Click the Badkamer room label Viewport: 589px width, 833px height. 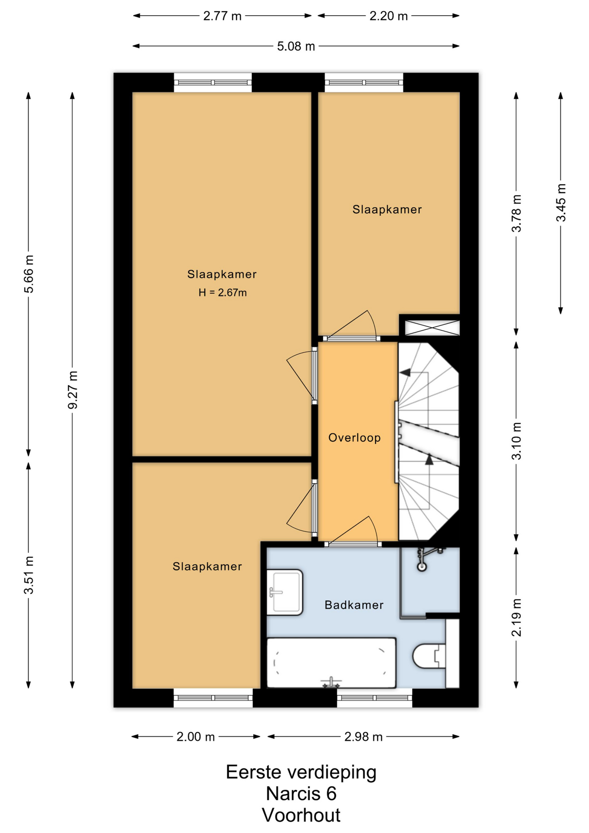pyautogui.click(x=354, y=605)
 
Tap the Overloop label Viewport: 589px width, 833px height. pyautogui.click(x=354, y=438)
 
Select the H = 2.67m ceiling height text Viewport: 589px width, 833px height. pyautogui.click(x=223, y=293)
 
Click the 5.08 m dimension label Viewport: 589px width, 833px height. pyautogui.click(x=296, y=46)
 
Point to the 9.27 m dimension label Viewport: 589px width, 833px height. pyautogui.click(x=72, y=390)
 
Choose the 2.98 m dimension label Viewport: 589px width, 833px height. pyautogui.click(x=363, y=737)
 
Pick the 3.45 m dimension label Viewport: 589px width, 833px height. pyautogui.click(x=561, y=203)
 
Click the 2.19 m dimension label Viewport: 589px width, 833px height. pyautogui.click(x=516, y=617)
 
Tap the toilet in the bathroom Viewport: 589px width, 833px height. pyautogui.click(x=429, y=656)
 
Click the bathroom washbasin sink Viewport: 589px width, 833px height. pyautogui.click(x=285, y=592)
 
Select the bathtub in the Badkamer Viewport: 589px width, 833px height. pyautogui.click(x=331, y=663)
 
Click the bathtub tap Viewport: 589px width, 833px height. pyautogui.click(x=331, y=682)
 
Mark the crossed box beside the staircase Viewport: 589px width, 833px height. pyautogui.click(x=432, y=328)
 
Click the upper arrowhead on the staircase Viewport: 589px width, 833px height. pyautogui.click(x=405, y=372)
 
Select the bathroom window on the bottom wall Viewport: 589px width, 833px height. pyautogui.click(x=375, y=698)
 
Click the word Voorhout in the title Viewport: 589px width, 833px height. pyautogui.click(x=301, y=815)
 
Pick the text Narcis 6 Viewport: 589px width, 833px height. pyautogui.click(x=301, y=794)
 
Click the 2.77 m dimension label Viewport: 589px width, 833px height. pyautogui.click(x=222, y=16)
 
